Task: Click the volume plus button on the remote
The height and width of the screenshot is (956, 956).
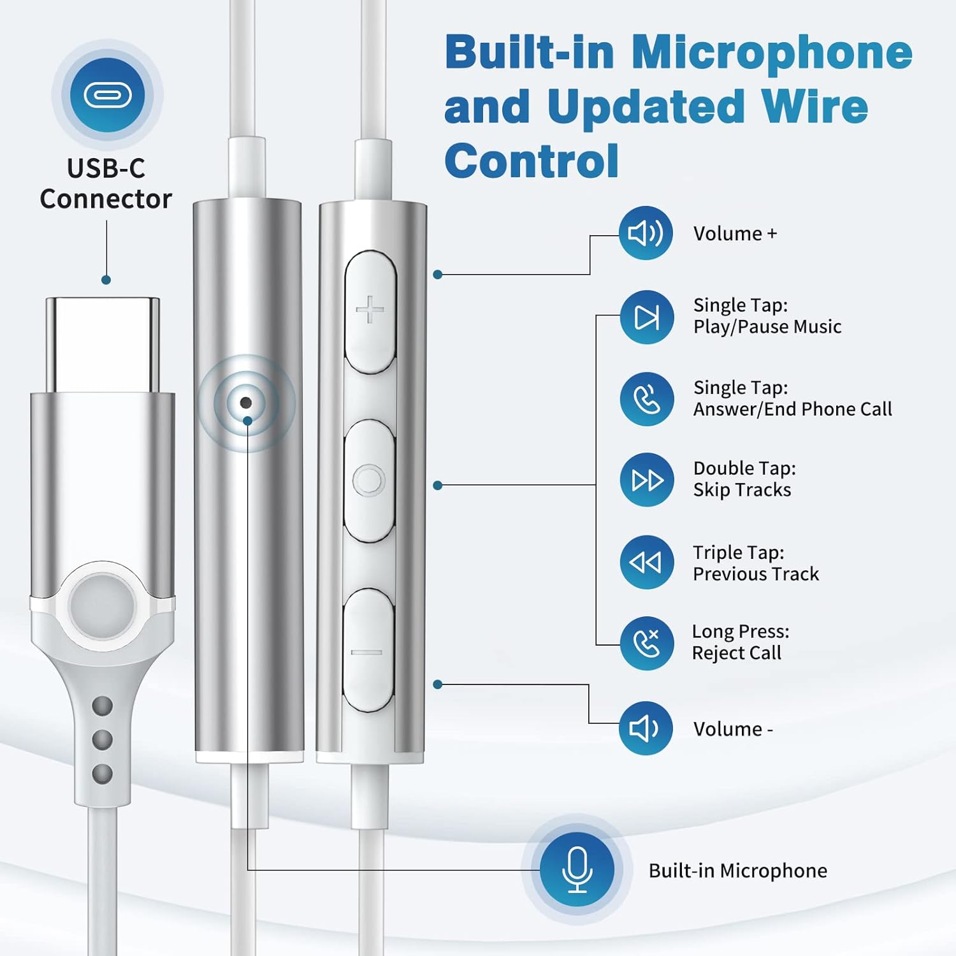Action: pos(370,311)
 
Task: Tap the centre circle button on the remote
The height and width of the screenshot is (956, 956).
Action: pos(369,480)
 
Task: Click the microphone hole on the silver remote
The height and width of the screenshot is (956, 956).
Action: pos(245,403)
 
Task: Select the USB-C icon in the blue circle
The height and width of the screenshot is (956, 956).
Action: pos(107,96)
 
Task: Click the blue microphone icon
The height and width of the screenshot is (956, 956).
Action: pos(577,869)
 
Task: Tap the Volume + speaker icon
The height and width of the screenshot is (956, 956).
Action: pos(646,233)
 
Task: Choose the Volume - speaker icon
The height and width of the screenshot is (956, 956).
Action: pos(646,728)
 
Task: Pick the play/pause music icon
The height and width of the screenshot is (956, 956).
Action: pos(647,317)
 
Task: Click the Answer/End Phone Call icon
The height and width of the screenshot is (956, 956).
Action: pos(647,400)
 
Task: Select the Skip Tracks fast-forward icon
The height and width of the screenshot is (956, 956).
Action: pos(647,480)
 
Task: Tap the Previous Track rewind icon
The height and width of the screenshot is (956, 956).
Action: pos(646,562)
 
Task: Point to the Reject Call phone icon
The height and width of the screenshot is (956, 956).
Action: pos(647,643)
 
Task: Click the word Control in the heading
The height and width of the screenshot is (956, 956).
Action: pos(532,161)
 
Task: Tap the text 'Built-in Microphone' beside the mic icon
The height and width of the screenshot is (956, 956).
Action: pos(737,871)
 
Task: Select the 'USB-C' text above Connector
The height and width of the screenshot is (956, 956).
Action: pos(106,168)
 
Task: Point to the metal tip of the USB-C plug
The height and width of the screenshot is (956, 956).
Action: pos(103,344)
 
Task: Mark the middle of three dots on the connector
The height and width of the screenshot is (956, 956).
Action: pos(103,739)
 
